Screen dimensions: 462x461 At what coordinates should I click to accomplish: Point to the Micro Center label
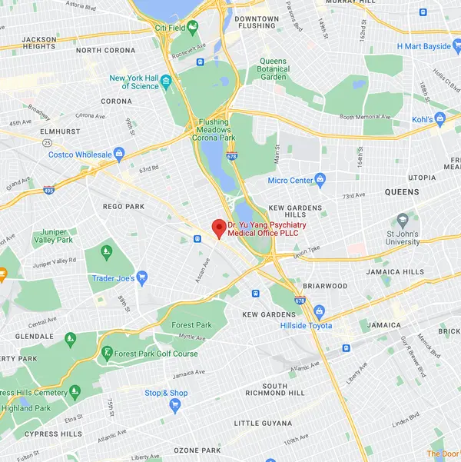tap(290, 181)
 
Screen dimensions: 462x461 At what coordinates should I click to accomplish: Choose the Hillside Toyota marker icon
tap(319, 311)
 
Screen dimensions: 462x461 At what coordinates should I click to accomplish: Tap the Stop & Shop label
tap(166, 393)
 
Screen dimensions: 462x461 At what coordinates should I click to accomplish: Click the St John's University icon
tap(403, 221)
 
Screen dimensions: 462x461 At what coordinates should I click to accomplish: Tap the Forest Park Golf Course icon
tap(106, 353)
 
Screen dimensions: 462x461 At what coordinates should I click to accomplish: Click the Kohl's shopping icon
tap(439, 118)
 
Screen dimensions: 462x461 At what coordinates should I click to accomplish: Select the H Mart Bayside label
tap(423, 46)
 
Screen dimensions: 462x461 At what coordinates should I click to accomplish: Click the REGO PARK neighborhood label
tap(124, 206)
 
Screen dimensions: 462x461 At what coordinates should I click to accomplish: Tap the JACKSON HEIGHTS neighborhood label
tap(39, 43)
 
